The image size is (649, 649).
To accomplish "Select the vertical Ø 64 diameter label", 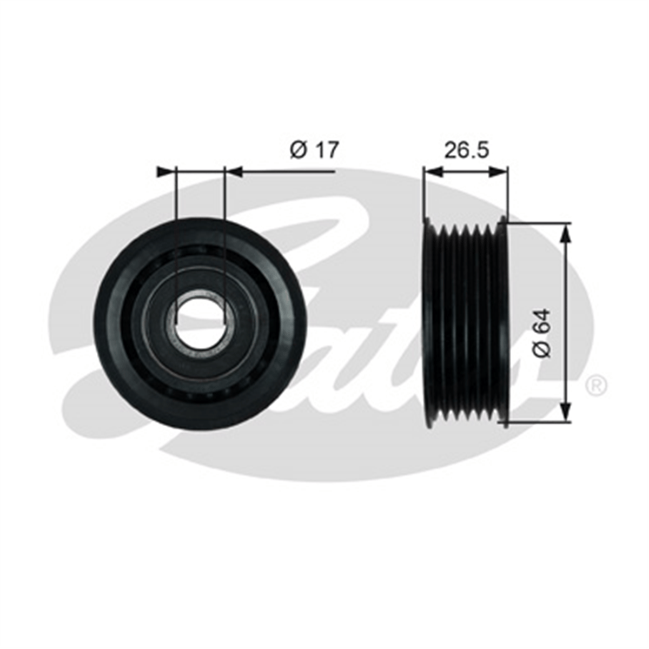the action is pos(542,334).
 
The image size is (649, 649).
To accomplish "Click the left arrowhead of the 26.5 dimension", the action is pos(433,172).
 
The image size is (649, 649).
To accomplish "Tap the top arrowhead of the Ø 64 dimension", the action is pos(567,233).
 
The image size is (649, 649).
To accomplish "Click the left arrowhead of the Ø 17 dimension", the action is pos(166,172).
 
